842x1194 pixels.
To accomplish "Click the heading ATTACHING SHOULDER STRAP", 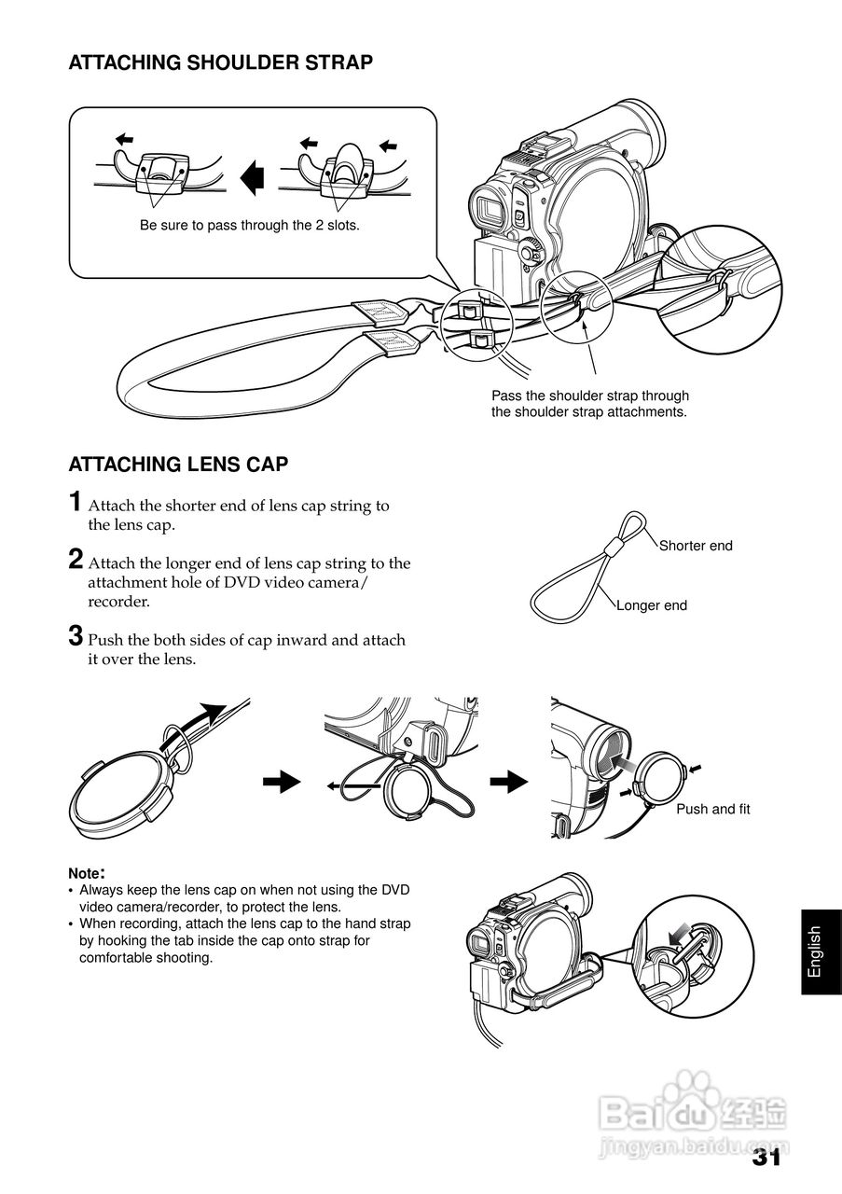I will click(221, 62).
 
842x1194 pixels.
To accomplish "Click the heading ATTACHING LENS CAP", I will click(178, 464).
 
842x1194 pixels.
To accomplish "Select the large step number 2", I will click(75, 559).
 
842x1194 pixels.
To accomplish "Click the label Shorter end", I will click(696, 546).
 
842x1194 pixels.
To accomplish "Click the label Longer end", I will click(651, 605).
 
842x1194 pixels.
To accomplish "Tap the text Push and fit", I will click(712, 809).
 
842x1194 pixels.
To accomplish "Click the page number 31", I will click(766, 1158).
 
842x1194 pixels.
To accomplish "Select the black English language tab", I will click(815, 951).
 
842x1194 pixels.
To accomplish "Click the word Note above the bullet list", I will click(85, 874).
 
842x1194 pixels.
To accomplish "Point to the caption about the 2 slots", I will click(249, 226).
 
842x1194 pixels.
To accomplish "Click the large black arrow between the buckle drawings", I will click(250, 177).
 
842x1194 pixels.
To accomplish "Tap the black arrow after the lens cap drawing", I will click(282, 783).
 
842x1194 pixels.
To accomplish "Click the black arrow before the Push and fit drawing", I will click(509, 783).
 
